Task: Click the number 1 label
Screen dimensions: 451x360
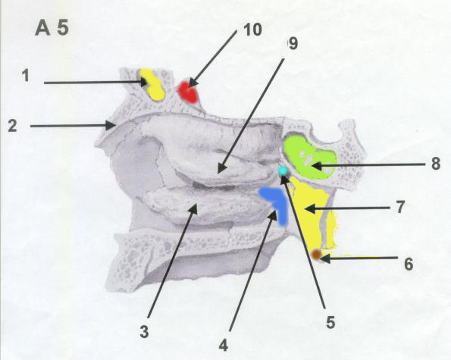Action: click(x=27, y=76)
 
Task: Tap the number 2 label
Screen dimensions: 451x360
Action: click(x=12, y=126)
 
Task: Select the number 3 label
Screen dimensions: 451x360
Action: click(x=144, y=331)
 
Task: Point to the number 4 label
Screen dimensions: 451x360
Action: click(x=224, y=345)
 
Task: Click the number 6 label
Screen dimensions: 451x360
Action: click(x=409, y=264)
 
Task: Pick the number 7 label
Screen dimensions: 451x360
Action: click(x=400, y=207)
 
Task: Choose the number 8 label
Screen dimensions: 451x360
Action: click(x=436, y=164)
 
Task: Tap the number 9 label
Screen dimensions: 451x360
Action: click(x=293, y=44)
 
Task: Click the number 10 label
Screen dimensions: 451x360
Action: click(x=252, y=30)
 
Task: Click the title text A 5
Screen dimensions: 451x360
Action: click(x=52, y=29)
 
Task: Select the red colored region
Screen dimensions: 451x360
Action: click(x=188, y=92)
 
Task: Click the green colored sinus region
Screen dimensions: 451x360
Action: click(x=309, y=157)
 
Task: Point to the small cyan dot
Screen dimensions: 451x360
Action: click(x=283, y=171)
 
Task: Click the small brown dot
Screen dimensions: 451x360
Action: click(x=316, y=254)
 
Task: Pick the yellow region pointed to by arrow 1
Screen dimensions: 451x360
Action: click(x=152, y=85)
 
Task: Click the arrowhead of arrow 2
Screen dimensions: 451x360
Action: click(x=111, y=125)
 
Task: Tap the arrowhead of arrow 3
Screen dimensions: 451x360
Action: click(x=193, y=208)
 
